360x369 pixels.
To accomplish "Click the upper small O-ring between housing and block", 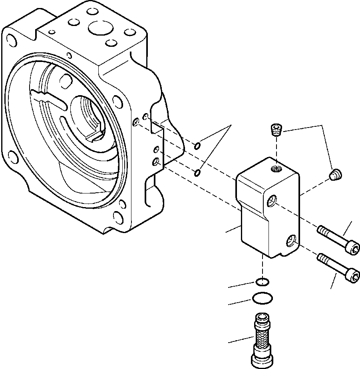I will pyautogui.click(x=197, y=146).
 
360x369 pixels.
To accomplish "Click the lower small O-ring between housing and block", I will pyautogui.click(x=197, y=173).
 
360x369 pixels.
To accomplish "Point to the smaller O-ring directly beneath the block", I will pyautogui.click(x=262, y=282).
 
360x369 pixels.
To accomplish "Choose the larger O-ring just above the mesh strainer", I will pyautogui.click(x=262, y=298).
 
